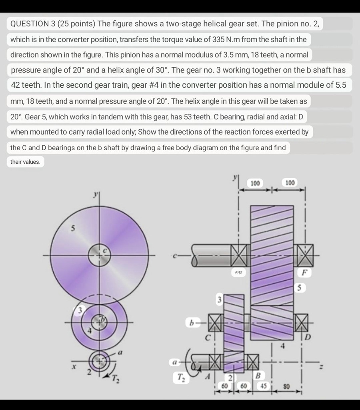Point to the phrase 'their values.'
pos(25,162)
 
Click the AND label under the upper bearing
pos(239,272)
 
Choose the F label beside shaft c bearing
pos(306,273)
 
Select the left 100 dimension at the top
pos(255,183)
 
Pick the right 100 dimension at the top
pos(290,183)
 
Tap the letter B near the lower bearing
pos(258,375)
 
